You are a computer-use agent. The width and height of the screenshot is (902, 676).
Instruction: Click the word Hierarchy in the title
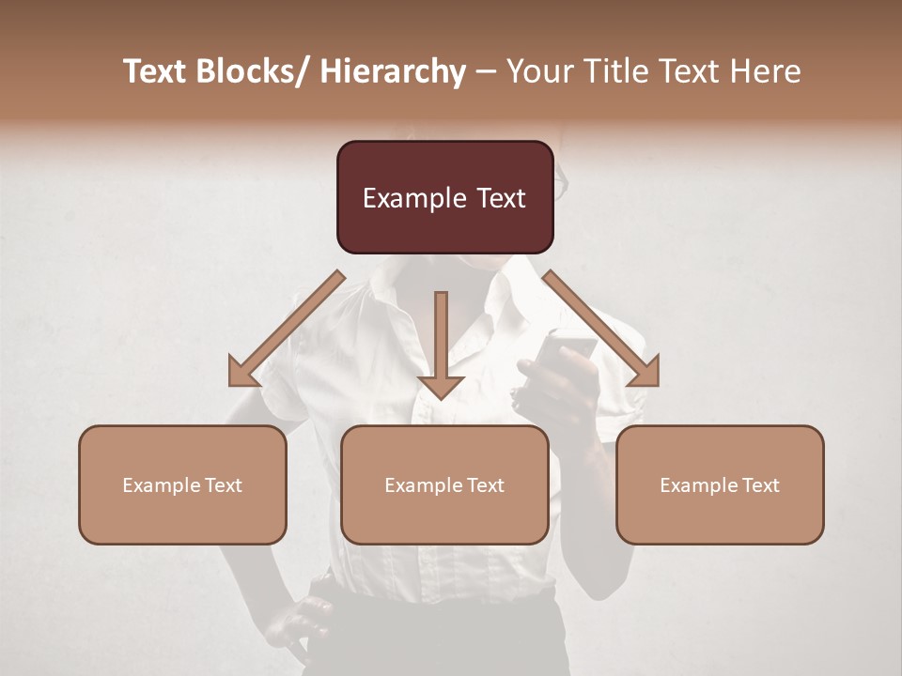394,72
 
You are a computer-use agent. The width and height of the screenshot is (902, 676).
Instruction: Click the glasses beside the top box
561,183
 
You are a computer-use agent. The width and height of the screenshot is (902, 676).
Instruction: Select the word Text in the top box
499,198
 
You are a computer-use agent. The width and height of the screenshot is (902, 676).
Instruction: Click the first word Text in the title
156,72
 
